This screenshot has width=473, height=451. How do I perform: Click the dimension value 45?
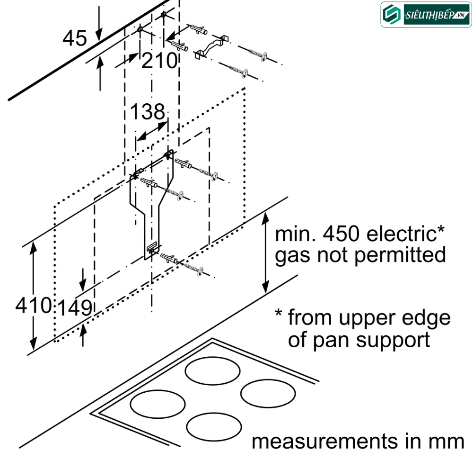75,38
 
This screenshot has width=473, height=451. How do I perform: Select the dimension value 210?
159,61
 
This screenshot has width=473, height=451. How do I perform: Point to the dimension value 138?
147,112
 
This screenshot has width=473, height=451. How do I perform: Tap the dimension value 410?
33,305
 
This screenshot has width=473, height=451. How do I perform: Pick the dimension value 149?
74,308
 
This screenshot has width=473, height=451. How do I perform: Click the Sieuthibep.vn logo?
425,14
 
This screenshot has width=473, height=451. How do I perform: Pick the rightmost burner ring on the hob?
267,392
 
